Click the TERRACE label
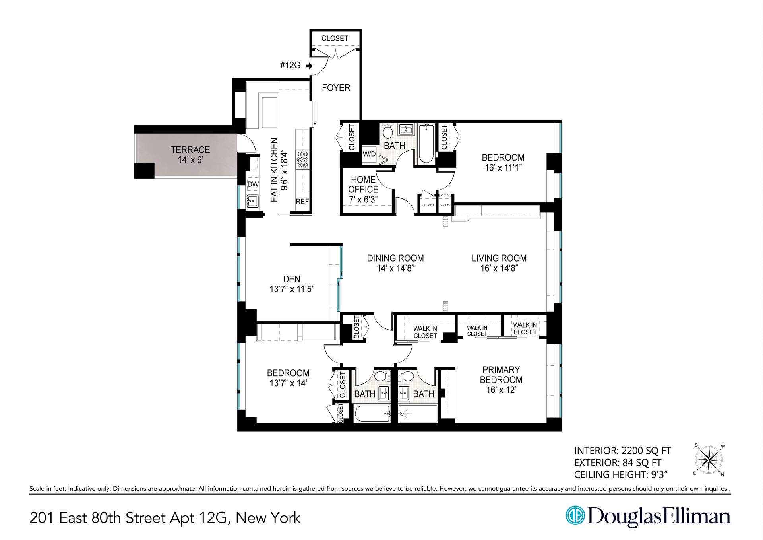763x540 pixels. tap(190, 150)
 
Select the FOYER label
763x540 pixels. tap(336, 88)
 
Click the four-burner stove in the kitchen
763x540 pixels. tap(302, 159)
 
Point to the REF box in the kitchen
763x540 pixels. tap(302, 201)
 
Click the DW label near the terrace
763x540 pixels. tap(253, 184)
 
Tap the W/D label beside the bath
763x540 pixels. tap(369, 154)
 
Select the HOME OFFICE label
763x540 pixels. tap(363, 185)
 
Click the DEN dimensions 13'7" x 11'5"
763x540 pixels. tap(292, 289)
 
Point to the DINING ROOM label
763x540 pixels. tap(395, 258)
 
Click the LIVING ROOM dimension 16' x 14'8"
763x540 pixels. tap(499, 268)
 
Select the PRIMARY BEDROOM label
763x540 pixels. tap(501, 375)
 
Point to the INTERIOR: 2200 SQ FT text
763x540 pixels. tap(622, 451)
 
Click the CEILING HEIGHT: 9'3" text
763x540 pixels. tap(620, 474)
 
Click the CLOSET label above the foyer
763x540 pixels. tap(335, 38)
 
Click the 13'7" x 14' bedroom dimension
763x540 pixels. tap(288, 383)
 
